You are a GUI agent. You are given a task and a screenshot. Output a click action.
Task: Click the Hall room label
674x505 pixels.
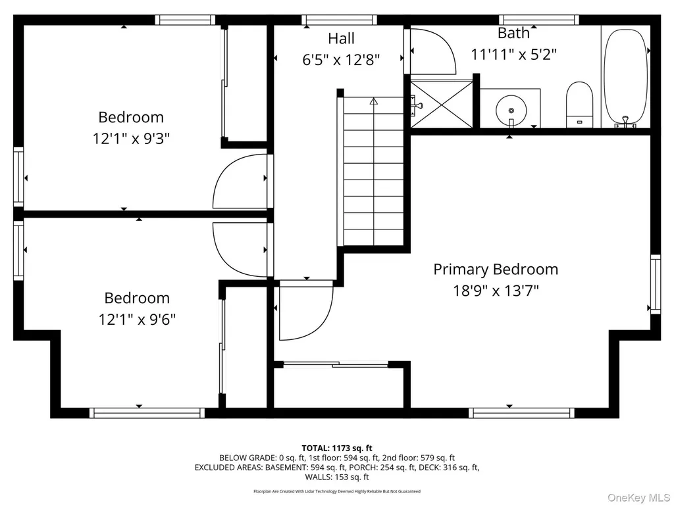[342, 38]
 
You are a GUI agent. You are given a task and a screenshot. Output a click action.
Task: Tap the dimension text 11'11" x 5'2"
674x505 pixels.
[513, 55]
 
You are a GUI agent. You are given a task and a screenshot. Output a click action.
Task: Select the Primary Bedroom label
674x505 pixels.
[496, 269]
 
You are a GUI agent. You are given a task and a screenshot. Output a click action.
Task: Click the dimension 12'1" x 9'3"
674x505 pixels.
[131, 139]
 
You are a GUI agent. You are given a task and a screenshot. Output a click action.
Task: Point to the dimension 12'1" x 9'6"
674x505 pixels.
[137, 320]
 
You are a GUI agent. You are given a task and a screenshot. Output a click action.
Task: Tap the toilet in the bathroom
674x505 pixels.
[579, 105]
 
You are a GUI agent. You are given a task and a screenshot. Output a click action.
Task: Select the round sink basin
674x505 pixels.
[511, 110]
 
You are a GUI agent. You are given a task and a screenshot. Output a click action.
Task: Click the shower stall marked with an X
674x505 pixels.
[442, 105]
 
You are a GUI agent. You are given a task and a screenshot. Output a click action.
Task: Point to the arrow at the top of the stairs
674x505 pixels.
[374, 101]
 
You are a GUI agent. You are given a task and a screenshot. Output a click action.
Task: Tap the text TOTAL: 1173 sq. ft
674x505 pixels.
[337, 448]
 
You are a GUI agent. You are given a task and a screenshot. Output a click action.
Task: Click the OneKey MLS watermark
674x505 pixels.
[638, 497]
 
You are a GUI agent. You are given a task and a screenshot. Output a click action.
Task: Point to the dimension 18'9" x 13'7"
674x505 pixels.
[496, 291]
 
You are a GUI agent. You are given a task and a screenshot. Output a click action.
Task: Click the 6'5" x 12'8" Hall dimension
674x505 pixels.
[342, 60]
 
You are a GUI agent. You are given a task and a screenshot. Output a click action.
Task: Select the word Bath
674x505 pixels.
[513, 33]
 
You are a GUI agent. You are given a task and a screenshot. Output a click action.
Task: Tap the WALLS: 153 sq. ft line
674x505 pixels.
[337, 477]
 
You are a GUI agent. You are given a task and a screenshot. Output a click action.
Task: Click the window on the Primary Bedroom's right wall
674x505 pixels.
[656, 284]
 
